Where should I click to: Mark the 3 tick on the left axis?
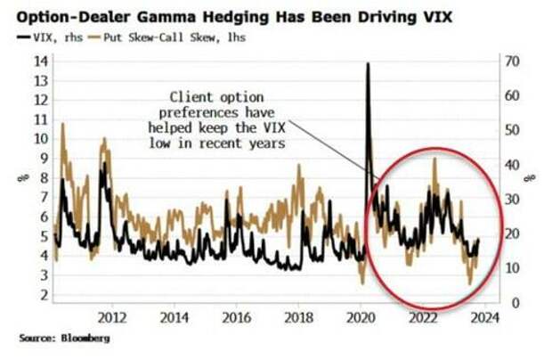tap(42, 282)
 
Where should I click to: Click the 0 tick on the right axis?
tap(503, 303)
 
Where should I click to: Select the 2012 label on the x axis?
tap(111, 316)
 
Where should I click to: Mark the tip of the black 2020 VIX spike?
tap(368, 64)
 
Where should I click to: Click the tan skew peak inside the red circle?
tap(434, 160)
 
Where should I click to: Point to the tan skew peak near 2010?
tap(62, 125)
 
